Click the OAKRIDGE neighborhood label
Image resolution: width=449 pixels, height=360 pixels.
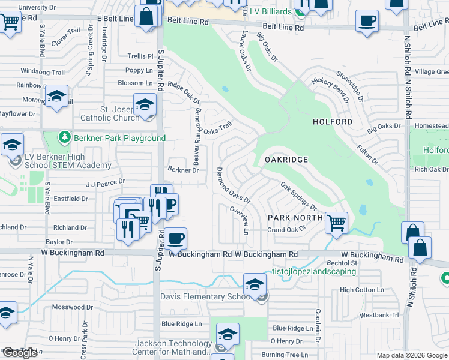286,160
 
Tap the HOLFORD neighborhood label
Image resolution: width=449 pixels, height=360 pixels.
333,122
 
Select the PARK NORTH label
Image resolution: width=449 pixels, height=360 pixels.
295,217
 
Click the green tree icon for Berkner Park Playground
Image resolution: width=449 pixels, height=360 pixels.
65,138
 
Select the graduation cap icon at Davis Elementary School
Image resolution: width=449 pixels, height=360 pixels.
255,283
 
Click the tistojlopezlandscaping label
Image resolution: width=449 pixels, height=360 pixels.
315,271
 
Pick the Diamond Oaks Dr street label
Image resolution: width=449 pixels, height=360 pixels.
233,185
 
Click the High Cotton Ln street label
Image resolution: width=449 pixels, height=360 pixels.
361,290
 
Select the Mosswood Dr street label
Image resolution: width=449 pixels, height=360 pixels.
73,307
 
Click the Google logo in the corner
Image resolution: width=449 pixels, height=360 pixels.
20,353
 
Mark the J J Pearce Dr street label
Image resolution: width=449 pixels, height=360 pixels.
106,181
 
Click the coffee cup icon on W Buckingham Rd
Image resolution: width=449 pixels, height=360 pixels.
176,238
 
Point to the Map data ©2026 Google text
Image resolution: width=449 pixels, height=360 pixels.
411,355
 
